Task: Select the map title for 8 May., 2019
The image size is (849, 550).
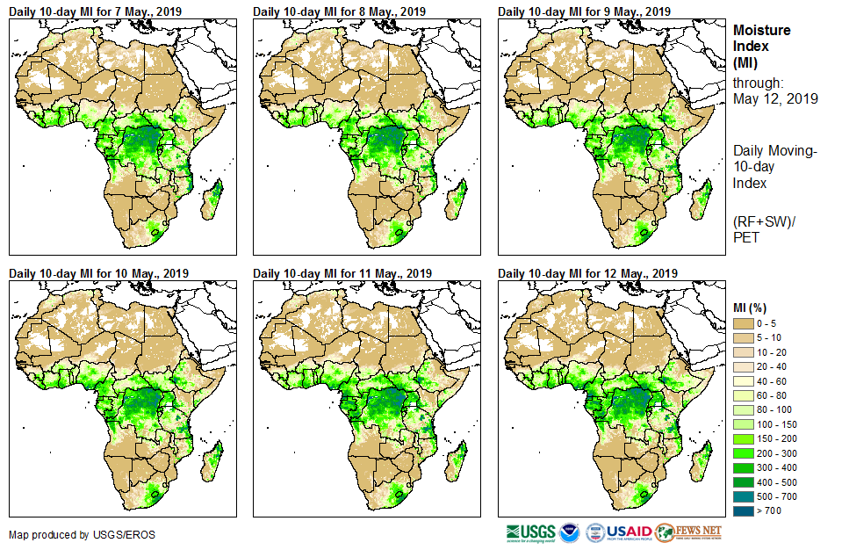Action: tap(340, 11)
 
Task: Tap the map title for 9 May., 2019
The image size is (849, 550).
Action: tap(584, 11)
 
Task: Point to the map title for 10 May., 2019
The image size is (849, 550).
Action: tap(98, 272)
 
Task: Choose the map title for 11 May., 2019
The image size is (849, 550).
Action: tap(342, 272)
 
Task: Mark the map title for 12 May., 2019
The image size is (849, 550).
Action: tap(587, 272)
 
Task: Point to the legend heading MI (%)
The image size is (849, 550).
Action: tap(752, 307)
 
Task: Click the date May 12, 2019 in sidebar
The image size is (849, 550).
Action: tap(775, 99)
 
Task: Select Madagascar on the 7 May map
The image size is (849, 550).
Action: tap(212, 201)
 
